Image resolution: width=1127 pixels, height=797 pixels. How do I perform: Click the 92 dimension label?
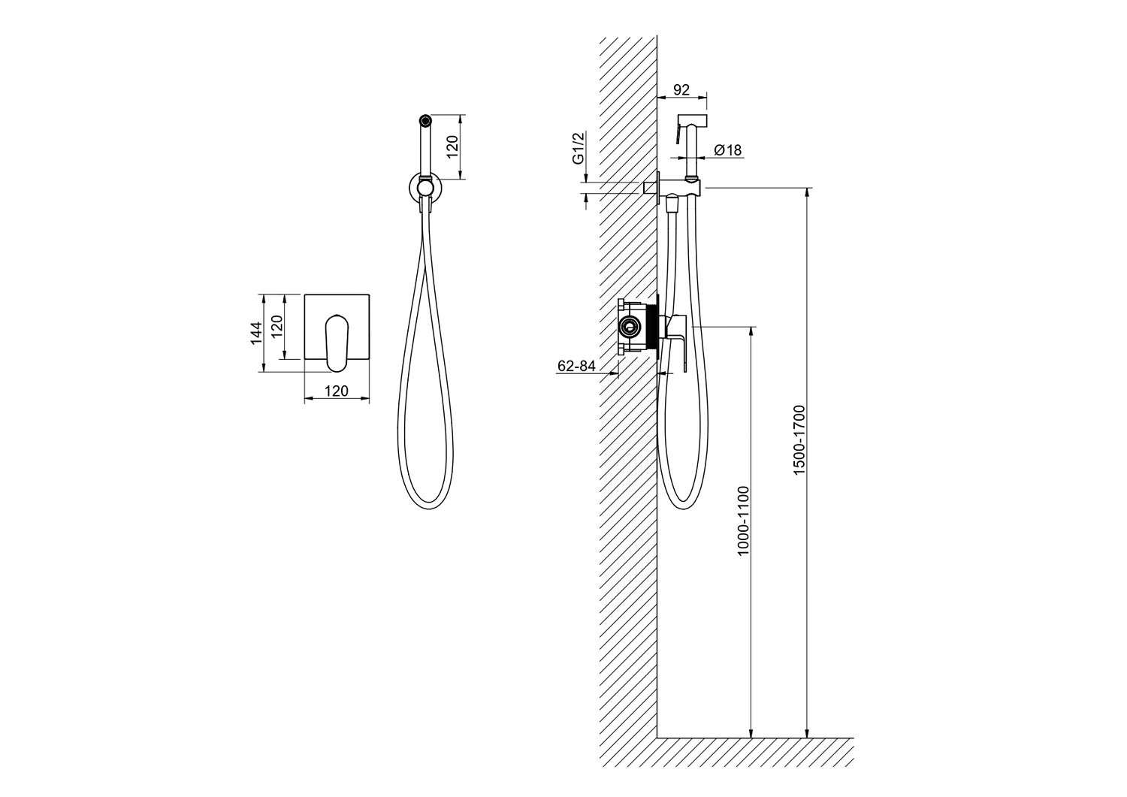[x=681, y=89]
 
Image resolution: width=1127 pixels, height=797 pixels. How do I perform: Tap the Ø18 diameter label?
[x=727, y=149]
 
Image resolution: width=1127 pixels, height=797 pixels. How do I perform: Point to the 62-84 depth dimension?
[x=576, y=366]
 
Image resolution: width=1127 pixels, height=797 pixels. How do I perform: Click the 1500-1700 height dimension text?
[x=799, y=440]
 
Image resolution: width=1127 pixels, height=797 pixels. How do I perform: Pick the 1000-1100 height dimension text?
[x=743, y=521]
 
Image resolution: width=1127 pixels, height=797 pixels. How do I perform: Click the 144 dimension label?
[x=257, y=333]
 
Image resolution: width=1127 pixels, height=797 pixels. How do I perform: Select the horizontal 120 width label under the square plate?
[x=337, y=391]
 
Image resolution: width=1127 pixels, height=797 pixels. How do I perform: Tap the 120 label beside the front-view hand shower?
[x=453, y=146]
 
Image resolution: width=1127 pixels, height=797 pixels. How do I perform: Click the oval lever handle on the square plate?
[x=337, y=343]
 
